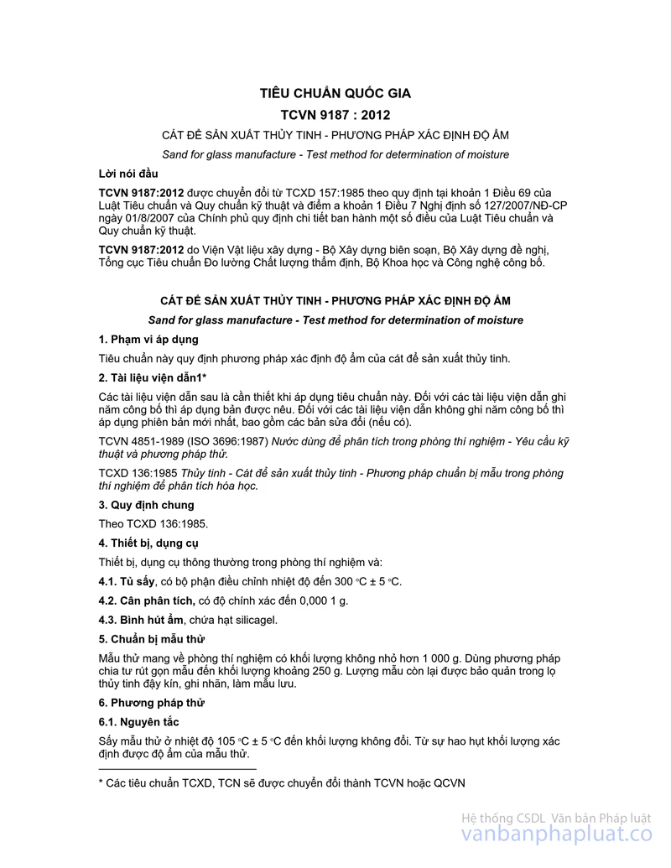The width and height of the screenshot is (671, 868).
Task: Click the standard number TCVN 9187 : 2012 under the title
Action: [x=335, y=115]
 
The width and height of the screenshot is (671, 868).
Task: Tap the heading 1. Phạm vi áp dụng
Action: [x=148, y=340]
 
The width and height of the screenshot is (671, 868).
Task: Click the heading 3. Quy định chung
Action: [x=146, y=505]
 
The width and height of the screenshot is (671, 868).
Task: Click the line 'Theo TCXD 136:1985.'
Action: [x=153, y=524]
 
